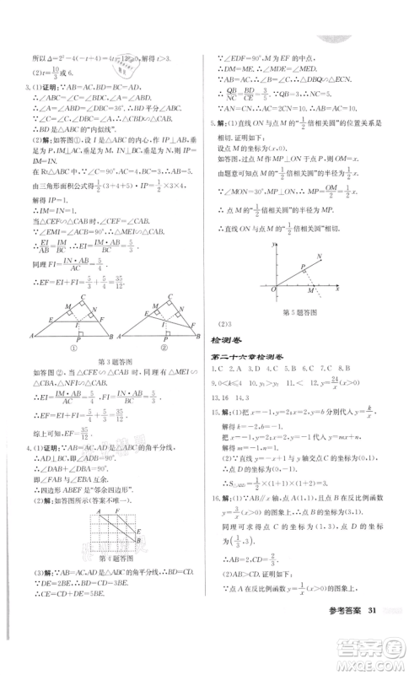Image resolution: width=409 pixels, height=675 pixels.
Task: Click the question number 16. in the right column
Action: pyautogui.click(x=216, y=521)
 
